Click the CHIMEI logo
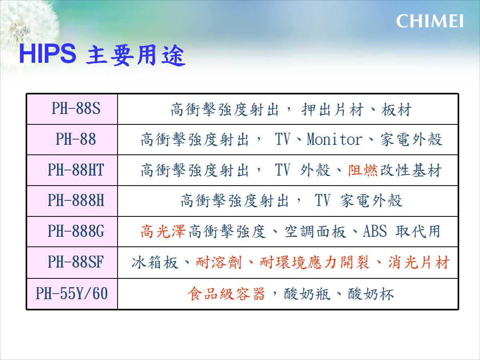click(x=430, y=21)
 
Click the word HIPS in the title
click(x=48, y=54)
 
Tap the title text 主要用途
click(x=136, y=55)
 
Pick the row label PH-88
click(x=76, y=139)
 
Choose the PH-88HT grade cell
click(x=76, y=170)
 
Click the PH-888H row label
click(x=76, y=200)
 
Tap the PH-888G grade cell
click(x=76, y=231)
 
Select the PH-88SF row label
click(x=76, y=262)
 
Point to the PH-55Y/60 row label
click(x=72, y=293)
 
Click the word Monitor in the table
click(x=334, y=139)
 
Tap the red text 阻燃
click(x=363, y=170)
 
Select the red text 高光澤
click(x=163, y=232)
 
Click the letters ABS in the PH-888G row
click(x=375, y=231)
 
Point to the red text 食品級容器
click(x=226, y=294)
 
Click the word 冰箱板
click(x=155, y=262)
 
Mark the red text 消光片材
click(x=419, y=262)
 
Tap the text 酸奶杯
click(x=371, y=294)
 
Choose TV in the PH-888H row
click(x=322, y=200)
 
